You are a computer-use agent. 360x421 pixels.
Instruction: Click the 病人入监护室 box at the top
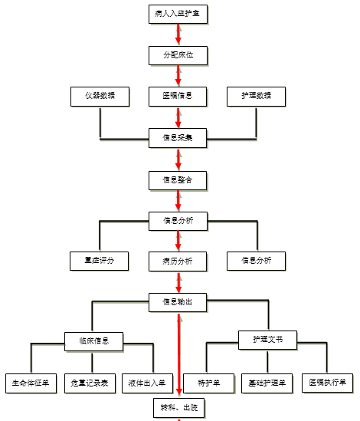(178, 14)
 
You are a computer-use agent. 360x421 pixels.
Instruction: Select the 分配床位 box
(178, 55)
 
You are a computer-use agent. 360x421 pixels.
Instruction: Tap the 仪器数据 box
(100, 97)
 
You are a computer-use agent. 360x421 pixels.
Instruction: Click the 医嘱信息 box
(178, 97)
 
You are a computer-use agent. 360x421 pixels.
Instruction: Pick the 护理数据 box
(257, 97)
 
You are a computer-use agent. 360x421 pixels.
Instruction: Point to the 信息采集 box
(178, 139)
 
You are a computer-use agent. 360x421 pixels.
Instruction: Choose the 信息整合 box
(178, 180)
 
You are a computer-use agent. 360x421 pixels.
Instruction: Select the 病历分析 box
(178, 261)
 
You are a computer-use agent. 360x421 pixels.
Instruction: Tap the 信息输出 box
(178, 302)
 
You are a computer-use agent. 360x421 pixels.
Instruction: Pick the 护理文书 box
(267, 338)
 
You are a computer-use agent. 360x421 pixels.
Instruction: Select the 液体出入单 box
(146, 382)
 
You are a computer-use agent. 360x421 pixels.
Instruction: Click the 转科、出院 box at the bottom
(178, 407)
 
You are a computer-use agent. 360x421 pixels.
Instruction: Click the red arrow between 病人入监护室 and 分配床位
(178, 35)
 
